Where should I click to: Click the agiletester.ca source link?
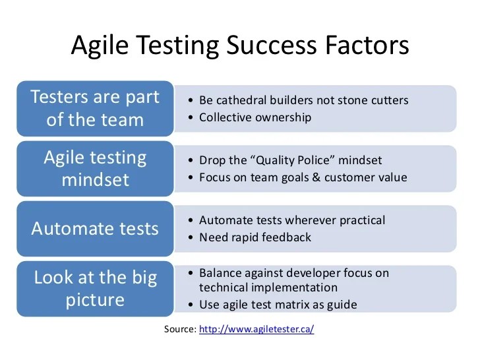click(256, 328)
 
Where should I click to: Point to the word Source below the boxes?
click(179, 328)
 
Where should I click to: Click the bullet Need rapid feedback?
click(255, 237)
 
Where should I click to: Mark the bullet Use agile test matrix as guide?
click(278, 304)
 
